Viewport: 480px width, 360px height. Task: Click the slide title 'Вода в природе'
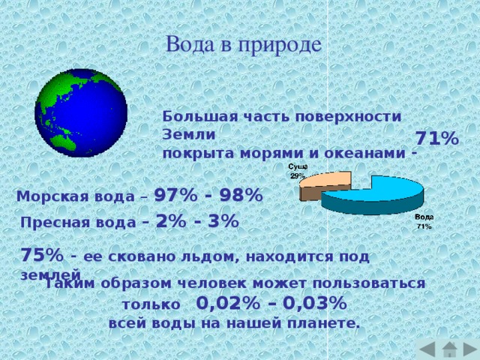[244, 44]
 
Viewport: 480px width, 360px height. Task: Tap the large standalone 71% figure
[437, 139]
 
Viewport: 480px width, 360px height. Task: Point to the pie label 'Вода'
[424, 217]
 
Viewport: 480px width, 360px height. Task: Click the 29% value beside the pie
[297, 175]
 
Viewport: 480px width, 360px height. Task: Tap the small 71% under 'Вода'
[424, 226]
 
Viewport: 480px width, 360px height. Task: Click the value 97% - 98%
[208, 195]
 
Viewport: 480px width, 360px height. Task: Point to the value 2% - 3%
[196, 221]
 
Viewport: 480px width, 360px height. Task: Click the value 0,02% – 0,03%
[271, 304]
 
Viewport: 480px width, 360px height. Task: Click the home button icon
[448, 349]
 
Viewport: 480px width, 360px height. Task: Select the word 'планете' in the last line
[327, 323]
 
